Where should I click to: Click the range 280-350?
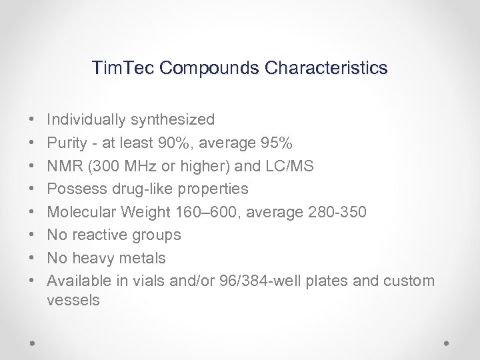[339, 212]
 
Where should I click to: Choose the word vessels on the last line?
[73, 301]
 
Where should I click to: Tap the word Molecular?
[81, 212]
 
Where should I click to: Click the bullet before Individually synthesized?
[33, 121]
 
